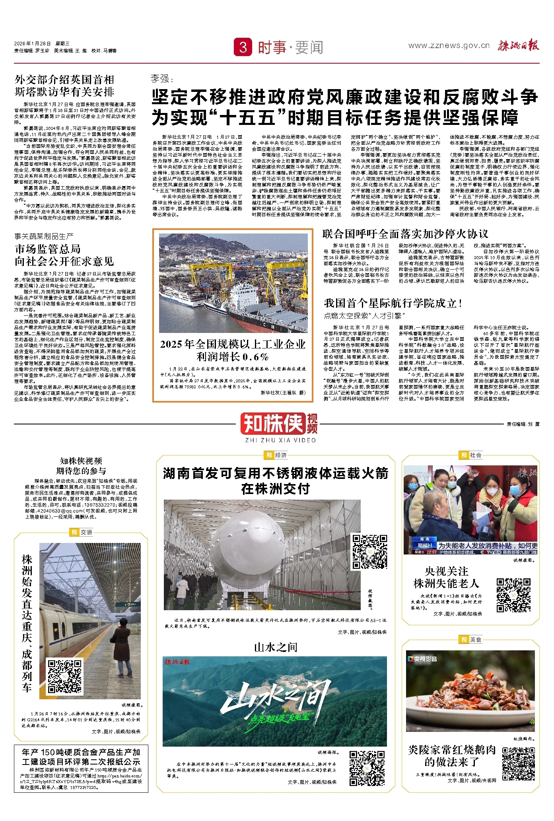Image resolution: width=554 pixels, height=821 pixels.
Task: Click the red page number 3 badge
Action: [x=243, y=47]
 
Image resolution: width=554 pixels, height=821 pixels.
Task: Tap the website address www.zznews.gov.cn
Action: [x=449, y=46]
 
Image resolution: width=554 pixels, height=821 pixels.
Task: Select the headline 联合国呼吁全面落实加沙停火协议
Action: [x=405, y=234]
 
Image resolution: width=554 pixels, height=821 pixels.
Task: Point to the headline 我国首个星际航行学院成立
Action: [x=393, y=303]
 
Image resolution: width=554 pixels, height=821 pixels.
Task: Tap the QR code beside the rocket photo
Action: [x=370, y=552]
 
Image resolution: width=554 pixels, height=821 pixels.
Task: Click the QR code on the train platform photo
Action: [x=65, y=676]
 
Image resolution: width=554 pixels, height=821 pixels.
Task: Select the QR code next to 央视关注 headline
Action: [x=513, y=595]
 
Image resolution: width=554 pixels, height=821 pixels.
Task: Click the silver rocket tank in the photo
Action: [x=246, y=549]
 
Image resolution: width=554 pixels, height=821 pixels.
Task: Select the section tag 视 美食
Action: [x=471, y=639]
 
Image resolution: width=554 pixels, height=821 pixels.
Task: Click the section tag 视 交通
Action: [x=81, y=532]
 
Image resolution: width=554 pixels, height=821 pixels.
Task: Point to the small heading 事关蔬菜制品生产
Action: [x=44, y=236]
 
